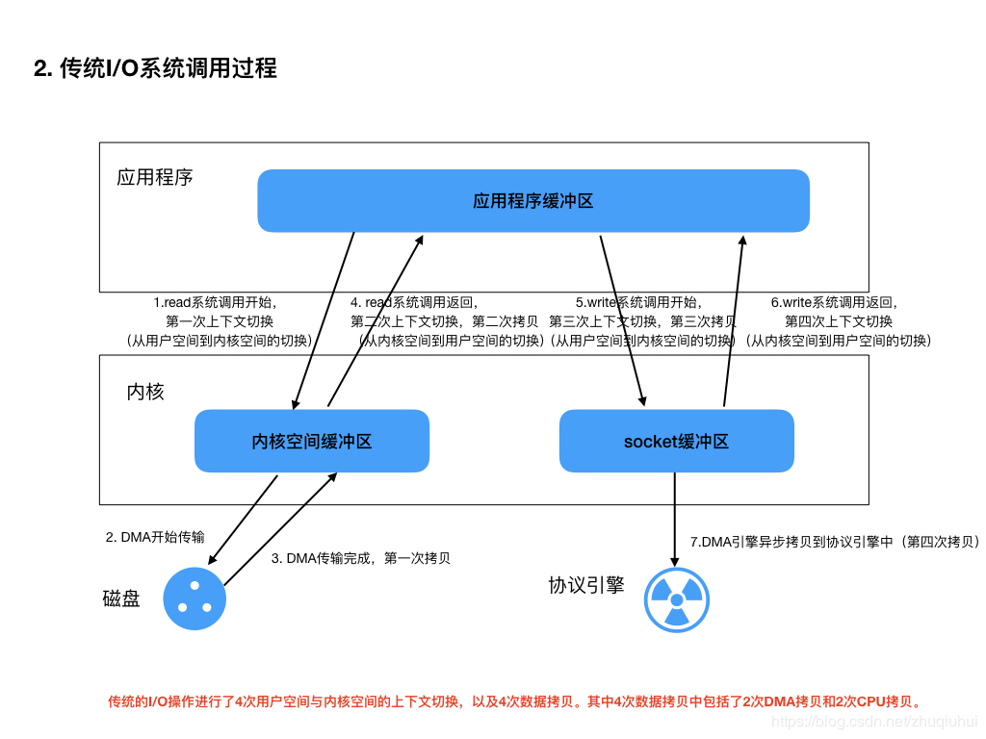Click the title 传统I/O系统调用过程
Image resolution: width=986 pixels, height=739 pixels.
(x=155, y=68)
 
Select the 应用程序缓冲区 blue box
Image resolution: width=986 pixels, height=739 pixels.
(x=532, y=201)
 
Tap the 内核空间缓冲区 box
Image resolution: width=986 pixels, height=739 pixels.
(x=311, y=442)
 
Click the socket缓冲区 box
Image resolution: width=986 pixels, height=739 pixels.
(x=676, y=442)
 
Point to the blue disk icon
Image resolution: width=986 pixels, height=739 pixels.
(x=195, y=599)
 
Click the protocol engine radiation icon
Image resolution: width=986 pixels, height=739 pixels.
(x=676, y=599)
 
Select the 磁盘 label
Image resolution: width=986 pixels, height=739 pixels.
(x=121, y=599)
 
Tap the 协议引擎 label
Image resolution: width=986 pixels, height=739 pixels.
(x=586, y=585)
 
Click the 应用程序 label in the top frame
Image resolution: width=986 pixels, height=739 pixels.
(x=155, y=177)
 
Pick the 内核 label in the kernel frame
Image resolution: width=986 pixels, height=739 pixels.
(x=145, y=392)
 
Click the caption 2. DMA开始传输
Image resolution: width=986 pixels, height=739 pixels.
(x=155, y=537)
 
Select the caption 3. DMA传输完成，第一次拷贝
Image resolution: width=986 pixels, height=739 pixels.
(x=361, y=558)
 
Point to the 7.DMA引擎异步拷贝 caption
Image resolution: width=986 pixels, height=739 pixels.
(x=835, y=542)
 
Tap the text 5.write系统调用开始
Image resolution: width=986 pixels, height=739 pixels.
(x=638, y=302)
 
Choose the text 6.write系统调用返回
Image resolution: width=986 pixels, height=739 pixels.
(x=834, y=302)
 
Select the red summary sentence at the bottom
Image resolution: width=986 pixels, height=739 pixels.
(x=515, y=701)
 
